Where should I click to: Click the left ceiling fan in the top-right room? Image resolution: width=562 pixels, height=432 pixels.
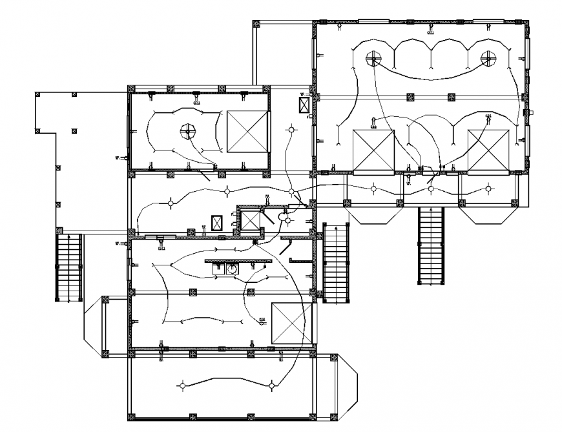tap(373, 59)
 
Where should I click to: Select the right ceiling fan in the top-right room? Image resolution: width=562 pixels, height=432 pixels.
tap(488, 59)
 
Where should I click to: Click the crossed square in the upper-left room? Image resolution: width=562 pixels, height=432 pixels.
tap(247, 131)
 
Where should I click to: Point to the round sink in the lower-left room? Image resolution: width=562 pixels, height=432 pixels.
tap(231, 268)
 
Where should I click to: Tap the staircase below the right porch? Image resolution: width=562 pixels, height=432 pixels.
tap(432, 245)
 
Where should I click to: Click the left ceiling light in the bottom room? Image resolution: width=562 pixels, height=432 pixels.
tap(183, 386)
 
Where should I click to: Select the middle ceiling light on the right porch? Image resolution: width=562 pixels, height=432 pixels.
tap(431, 189)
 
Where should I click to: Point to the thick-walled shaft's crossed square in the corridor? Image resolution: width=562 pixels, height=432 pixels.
tap(248, 220)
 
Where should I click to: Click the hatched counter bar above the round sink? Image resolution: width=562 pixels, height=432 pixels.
tap(238, 260)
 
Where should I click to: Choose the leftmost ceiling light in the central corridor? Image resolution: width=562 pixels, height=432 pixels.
tap(170, 204)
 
